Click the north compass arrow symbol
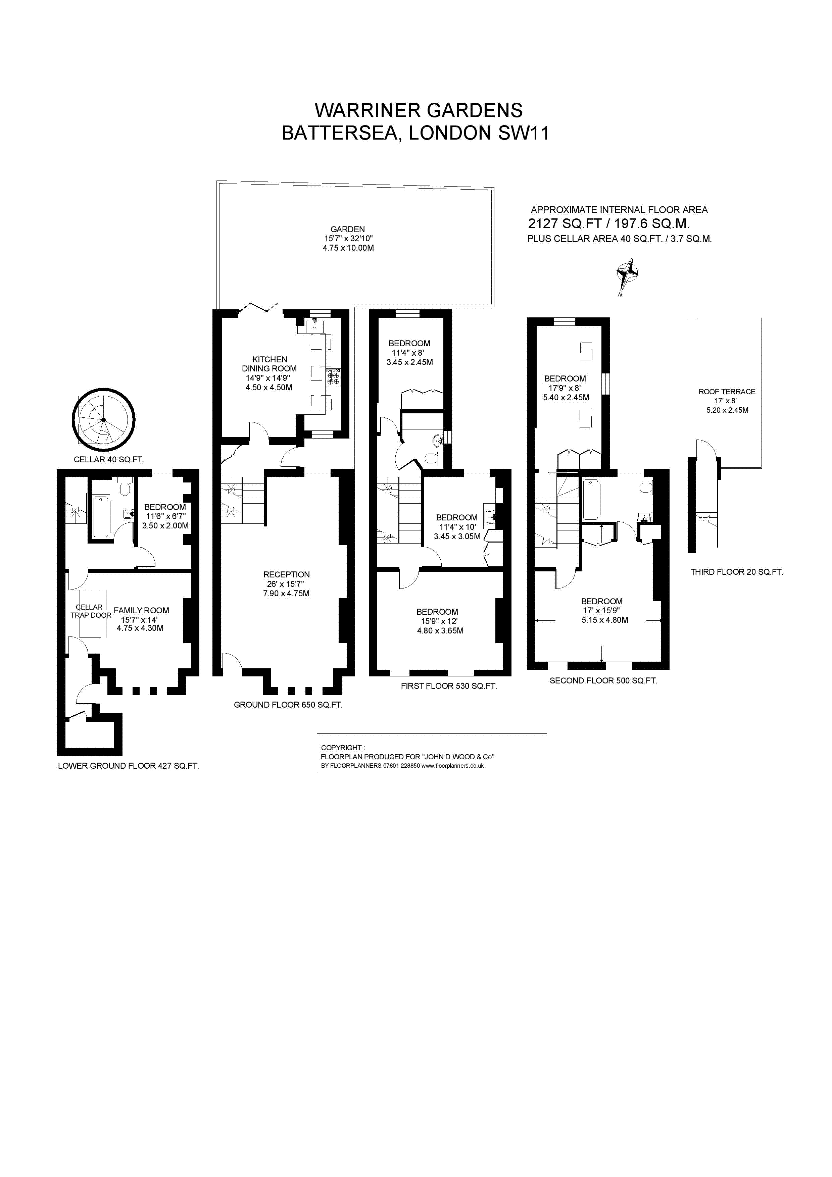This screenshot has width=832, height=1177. tap(628, 277)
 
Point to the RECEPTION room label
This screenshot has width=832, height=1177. tap(287, 575)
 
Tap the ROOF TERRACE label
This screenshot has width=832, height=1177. tap(727, 392)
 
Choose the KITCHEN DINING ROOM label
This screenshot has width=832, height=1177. tap(270, 364)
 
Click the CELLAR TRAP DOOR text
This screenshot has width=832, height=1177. tap(91, 611)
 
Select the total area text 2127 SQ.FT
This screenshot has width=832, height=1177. tap(565, 223)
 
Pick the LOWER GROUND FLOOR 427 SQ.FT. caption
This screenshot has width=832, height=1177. tap(128, 766)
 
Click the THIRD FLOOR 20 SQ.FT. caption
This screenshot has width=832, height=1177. tap(737, 572)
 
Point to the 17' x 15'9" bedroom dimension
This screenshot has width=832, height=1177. tap(601, 611)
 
